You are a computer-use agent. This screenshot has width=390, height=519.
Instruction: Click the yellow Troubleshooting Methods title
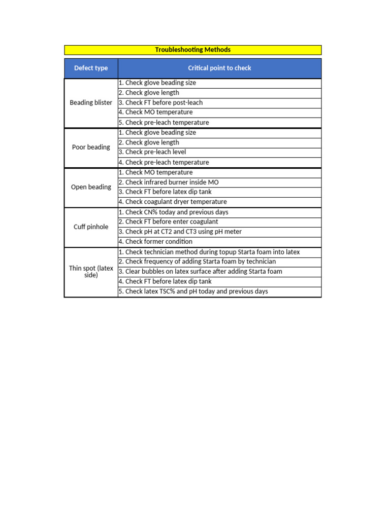pos(192,50)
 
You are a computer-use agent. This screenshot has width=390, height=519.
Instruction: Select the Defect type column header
pos(91,68)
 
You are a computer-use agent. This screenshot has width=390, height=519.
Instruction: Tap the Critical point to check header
pos(219,68)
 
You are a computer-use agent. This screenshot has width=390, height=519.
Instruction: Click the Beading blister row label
pos(91,102)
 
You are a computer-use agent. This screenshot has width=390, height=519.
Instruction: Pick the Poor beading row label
pos(91,147)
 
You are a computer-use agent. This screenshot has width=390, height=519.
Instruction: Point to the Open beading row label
pos(91,187)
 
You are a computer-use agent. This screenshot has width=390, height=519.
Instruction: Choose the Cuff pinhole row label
pos(91,227)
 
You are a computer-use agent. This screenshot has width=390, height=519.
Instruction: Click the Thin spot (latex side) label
pos(91,272)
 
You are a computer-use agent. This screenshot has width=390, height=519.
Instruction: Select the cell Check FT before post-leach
pos(160,102)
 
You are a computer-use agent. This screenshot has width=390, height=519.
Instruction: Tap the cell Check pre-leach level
pos(152,152)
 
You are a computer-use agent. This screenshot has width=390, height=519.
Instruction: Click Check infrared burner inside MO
pos(169,182)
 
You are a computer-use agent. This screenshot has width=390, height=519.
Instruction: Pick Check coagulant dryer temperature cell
pos(173,202)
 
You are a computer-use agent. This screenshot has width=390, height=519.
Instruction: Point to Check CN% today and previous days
pos(173,212)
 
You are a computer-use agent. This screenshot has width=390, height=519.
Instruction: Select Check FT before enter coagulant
pos(168,221)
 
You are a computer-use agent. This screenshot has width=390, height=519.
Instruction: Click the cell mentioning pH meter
pos(180,232)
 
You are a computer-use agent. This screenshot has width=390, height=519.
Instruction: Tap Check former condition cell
pos(155,242)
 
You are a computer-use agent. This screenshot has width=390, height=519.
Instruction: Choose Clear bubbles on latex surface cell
pos(200,271)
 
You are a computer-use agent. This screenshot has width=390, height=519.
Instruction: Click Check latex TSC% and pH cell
pos(193,291)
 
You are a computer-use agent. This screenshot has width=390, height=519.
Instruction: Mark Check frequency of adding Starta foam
pos(197,262)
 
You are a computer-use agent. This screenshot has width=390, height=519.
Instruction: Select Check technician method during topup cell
pos(209,252)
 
